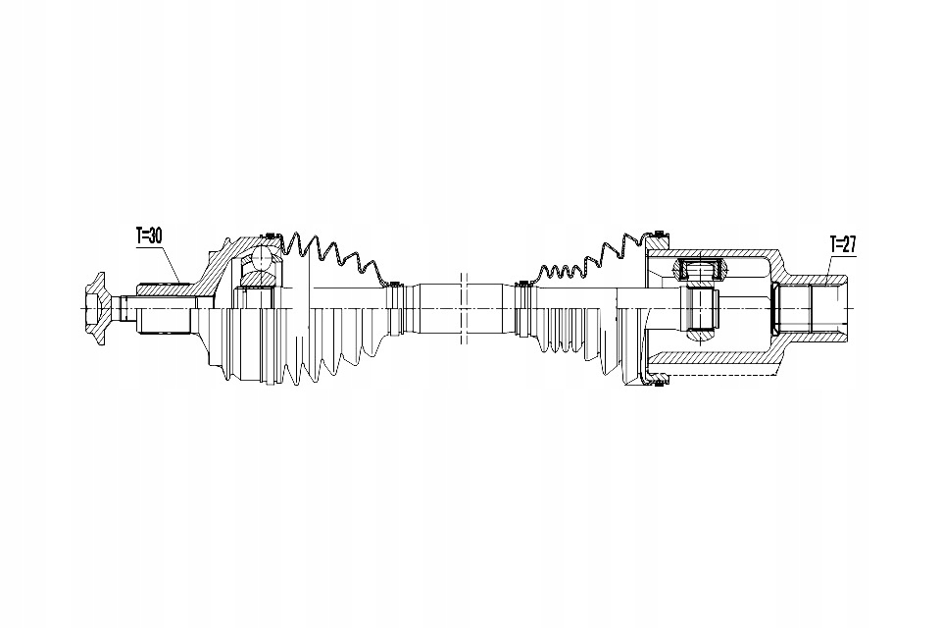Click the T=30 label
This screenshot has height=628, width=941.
tap(149, 236)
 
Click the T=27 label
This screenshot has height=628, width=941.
tap(843, 244)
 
